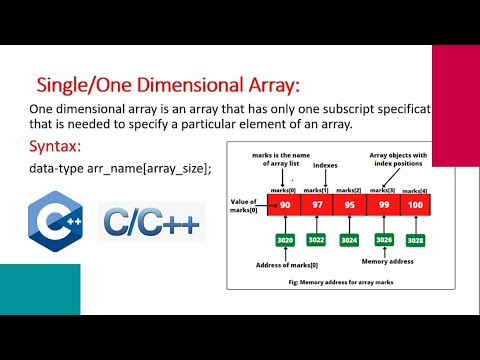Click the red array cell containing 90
284,205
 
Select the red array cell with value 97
317,205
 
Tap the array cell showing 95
350,205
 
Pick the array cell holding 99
383,205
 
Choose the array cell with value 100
415,205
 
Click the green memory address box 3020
284,240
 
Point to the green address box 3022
317,240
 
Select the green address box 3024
350,240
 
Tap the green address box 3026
383,240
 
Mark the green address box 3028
415,240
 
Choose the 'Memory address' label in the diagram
386,263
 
